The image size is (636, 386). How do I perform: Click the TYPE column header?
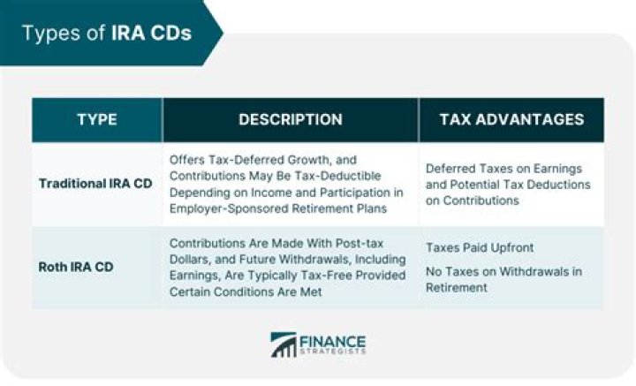click(x=97, y=119)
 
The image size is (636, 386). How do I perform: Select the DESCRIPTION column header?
click(x=291, y=119)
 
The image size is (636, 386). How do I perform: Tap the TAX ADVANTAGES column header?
click(x=511, y=119)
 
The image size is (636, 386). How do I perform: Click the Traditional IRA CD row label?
click(x=96, y=184)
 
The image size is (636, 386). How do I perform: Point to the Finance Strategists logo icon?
click(x=283, y=344)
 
